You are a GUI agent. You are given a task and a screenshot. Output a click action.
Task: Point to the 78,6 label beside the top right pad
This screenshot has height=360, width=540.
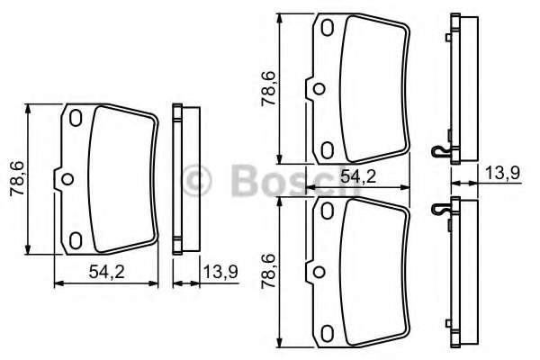[x=268, y=90]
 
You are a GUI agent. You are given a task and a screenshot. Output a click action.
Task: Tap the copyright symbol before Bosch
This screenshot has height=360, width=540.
[x=197, y=180]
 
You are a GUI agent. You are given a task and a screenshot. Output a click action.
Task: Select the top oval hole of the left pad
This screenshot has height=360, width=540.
[x=76, y=118]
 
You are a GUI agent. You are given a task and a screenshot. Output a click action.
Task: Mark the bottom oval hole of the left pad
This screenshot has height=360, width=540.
[x=76, y=238]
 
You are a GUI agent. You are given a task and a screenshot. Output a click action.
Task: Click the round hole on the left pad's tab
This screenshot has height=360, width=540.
[x=65, y=178]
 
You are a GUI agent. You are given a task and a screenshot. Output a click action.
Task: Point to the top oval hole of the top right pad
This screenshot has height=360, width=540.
[x=328, y=30]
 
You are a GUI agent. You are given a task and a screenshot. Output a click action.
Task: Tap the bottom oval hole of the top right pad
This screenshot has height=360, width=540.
[x=328, y=148]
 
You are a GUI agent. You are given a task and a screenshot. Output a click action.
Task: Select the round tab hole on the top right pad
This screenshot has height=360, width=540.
[x=317, y=89]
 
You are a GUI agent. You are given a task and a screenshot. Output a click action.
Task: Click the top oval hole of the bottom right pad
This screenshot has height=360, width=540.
[x=328, y=211]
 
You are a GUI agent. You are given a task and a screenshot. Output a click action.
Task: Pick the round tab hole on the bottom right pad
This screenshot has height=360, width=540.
[x=317, y=269]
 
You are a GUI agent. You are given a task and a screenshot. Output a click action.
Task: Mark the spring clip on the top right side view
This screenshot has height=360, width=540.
[x=438, y=151]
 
